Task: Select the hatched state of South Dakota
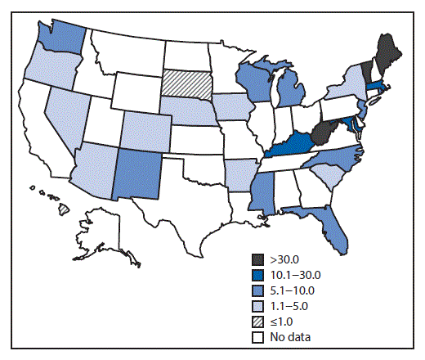[x=185, y=83]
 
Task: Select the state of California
[x=34, y=123]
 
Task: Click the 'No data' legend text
[x=293, y=335]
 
